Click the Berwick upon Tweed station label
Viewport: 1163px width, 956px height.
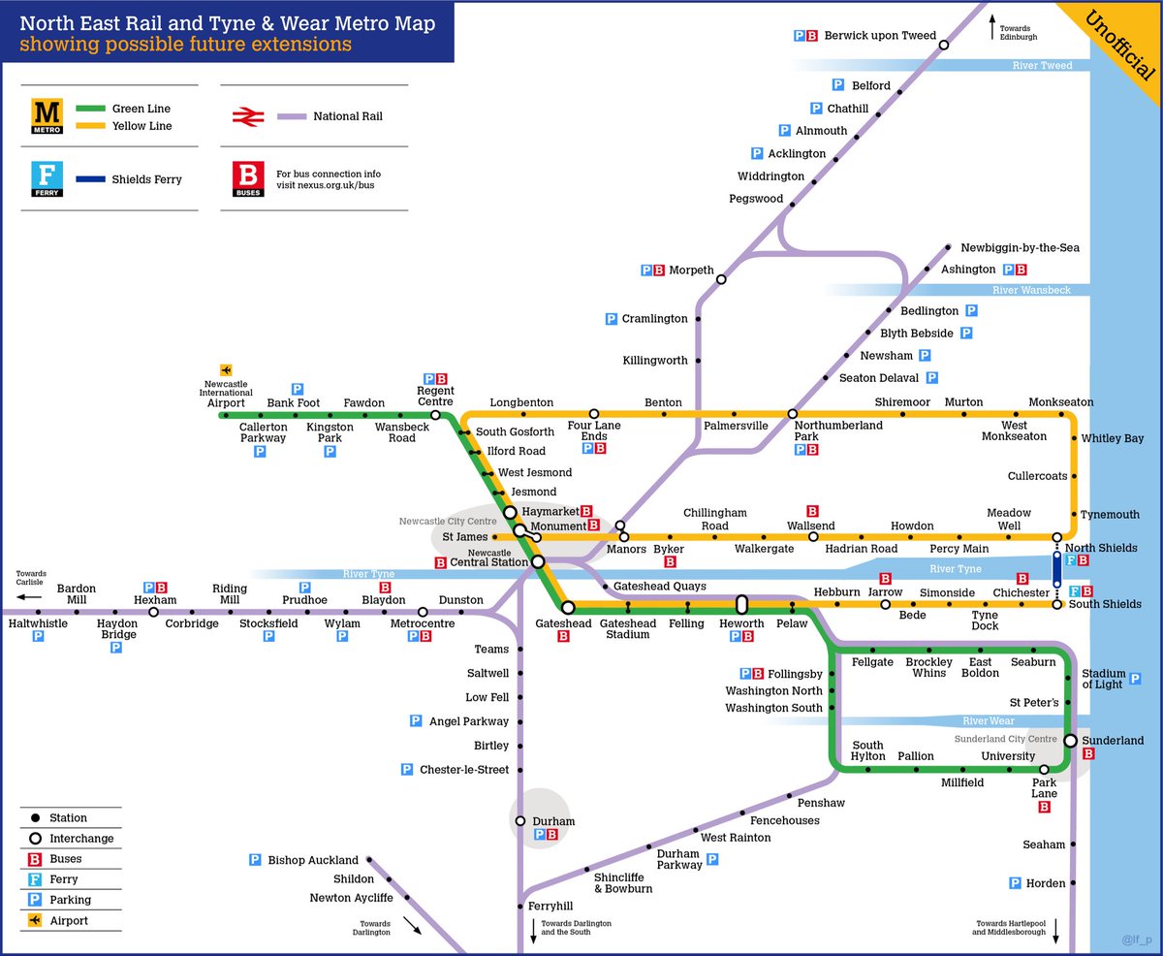tap(880, 36)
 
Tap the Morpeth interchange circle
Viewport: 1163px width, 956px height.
tap(721, 279)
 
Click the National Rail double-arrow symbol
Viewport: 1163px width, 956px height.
tap(247, 116)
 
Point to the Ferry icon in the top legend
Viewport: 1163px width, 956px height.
tap(47, 179)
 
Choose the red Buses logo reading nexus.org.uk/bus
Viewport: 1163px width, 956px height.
tap(247, 179)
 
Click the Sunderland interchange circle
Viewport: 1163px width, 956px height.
tap(1070, 741)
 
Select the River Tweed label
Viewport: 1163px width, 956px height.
tap(1042, 66)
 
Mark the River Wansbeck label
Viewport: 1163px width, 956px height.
tap(1031, 290)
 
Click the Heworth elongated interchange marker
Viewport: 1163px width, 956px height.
tap(742, 606)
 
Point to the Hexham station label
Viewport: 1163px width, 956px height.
tap(155, 600)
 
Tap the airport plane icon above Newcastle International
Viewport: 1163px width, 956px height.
tap(226, 369)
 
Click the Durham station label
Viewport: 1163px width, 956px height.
tap(553, 821)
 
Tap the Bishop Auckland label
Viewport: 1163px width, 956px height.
tap(313, 860)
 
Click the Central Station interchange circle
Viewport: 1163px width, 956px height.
tap(538, 561)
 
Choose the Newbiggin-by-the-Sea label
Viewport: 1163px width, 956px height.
tap(1020, 247)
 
